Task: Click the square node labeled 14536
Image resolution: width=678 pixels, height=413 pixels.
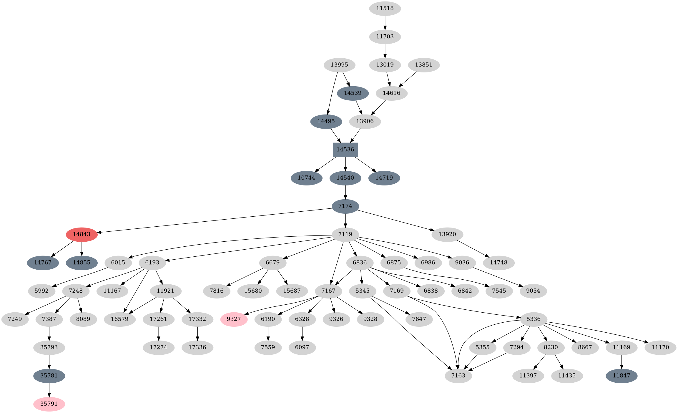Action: pyautogui.click(x=345, y=150)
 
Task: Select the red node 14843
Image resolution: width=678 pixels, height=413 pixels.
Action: pyautogui.click(x=82, y=234)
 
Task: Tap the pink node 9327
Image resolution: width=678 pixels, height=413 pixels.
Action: pyautogui.click(x=234, y=319)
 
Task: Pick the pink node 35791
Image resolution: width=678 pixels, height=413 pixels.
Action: pyautogui.click(x=49, y=404)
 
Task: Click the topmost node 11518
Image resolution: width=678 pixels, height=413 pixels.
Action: pyautogui.click(x=385, y=8)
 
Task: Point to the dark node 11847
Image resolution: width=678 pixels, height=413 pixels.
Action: pyautogui.click(x=621, y=376)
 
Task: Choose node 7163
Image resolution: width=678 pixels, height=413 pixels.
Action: pyautogui.click(x=458, y=376)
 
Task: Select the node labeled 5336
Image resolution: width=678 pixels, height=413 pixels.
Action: pyautogui.click(x=534, y=319)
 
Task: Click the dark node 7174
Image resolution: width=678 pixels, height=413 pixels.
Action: pyautogui.click(x=345, y=206)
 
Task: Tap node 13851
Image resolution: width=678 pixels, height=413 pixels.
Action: pyautogui.click(x=423, y=65)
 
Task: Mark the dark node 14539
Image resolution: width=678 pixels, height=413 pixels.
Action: pyautogui.click(x=353, y=93)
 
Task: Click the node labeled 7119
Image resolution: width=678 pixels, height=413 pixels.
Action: pyautogui.click(x=345, y=234)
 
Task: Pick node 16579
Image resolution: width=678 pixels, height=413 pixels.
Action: pyautogui.click(x=120, y=319)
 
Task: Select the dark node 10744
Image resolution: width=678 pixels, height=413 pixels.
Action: pyautogui.click(x=306, y=178)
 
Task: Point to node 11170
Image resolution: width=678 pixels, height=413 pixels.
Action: pyautogui.click(x=660, y=347)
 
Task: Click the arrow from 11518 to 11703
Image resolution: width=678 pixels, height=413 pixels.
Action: pyautogui.click(x=385, y=22)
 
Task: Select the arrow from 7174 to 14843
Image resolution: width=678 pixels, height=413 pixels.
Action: pyautogui.click(x=215, y=220)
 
